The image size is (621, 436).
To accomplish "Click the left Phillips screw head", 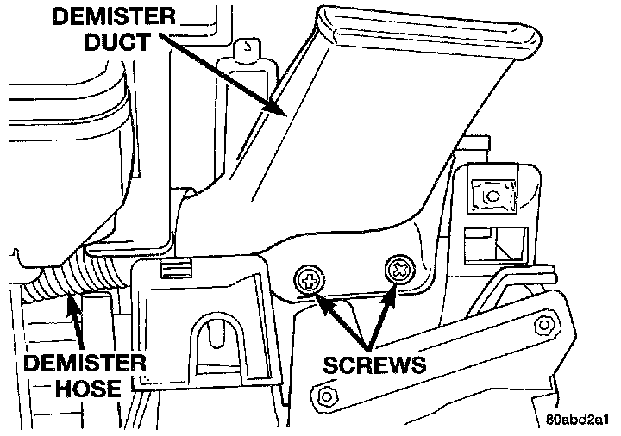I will (309, 278).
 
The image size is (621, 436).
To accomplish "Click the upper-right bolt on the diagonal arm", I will (544, 325).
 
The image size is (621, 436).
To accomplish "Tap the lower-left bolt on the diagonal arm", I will (325, 397).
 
